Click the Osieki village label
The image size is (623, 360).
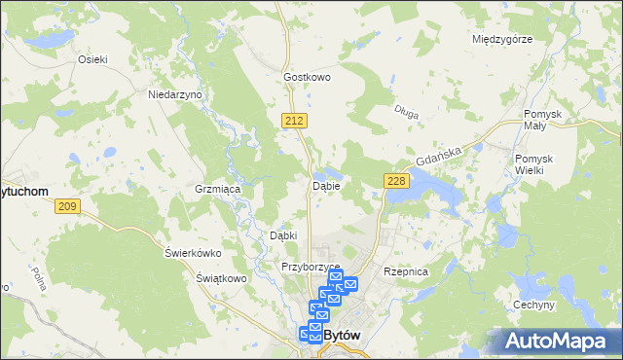click(92, 58)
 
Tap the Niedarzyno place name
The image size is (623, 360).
click(174, 95)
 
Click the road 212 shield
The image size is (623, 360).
click(297, 120)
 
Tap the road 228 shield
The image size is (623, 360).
click(395, 181)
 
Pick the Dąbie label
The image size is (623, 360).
click(325, 186)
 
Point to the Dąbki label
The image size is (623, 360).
click(282, 235)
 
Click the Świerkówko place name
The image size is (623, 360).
click(193, 253)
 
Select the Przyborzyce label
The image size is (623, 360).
click(310, 267)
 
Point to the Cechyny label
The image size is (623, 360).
click(533, 305)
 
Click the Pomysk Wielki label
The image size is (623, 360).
click(533, 164)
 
